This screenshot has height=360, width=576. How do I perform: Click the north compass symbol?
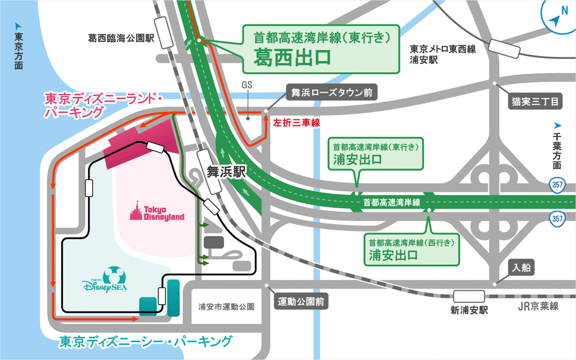coord(556,19)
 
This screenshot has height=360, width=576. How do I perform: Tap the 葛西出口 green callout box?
coord(321,48)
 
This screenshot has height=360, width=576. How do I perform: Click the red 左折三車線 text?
coord(296,123)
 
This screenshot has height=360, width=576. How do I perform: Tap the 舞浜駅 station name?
coord(227,171)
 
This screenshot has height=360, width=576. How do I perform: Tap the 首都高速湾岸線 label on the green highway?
coord(391,202)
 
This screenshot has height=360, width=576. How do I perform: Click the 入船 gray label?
coord(522,267)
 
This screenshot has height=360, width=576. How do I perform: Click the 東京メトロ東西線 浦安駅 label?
coord(442,54)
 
